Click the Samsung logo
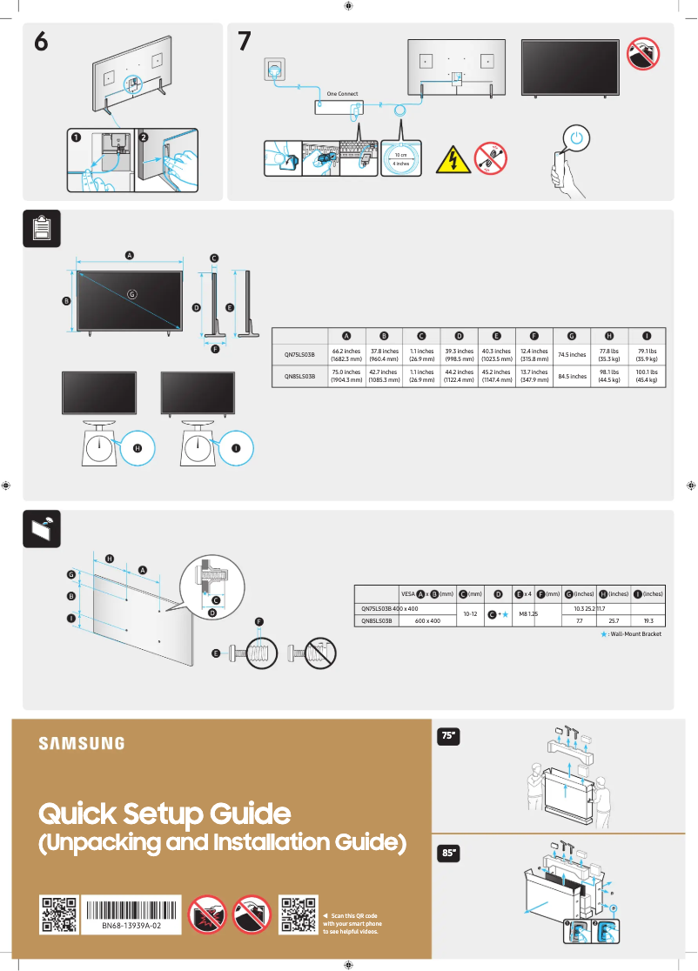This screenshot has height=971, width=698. pyautogui.click(x=81, y=743)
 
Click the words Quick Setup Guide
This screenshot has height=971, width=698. pyautogui.click(x=164, y=814)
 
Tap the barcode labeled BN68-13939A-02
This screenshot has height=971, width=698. pyautogui.click(x=132, y=914)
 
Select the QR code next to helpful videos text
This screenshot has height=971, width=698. pyautogui.click(x=297, y=914)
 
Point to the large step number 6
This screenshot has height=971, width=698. pyautogui.click(x=40, y=42)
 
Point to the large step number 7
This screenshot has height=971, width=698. pyautogui.click(x=245, y=42)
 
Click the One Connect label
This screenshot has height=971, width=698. pyautogui.click(x=342, y=93)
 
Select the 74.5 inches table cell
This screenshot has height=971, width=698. pyautogui.click(x=572, y=355)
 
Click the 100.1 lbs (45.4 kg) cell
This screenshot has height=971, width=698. pyautogui.click(x=647, y=376)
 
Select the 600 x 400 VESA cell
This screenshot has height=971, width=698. pyautogui.click(x=427, y=621)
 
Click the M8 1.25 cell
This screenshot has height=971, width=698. pyautogui.click(x=529, y=613)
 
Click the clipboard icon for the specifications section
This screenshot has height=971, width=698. pyautogui.click(x=40, y=227)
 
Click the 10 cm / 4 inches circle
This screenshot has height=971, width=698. pyautogui.click(x=401, y=158)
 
